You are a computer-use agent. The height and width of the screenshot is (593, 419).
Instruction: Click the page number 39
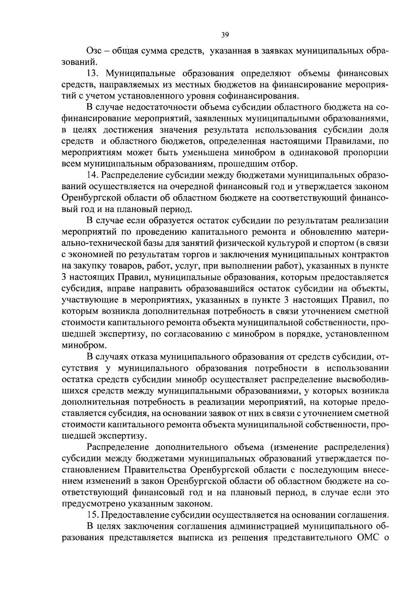(225, 35)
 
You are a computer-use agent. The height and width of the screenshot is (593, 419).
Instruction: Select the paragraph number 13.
(93, 74)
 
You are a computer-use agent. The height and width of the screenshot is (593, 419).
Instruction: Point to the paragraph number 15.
(93, 515)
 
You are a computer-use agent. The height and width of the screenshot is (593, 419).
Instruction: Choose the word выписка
(197, 538)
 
